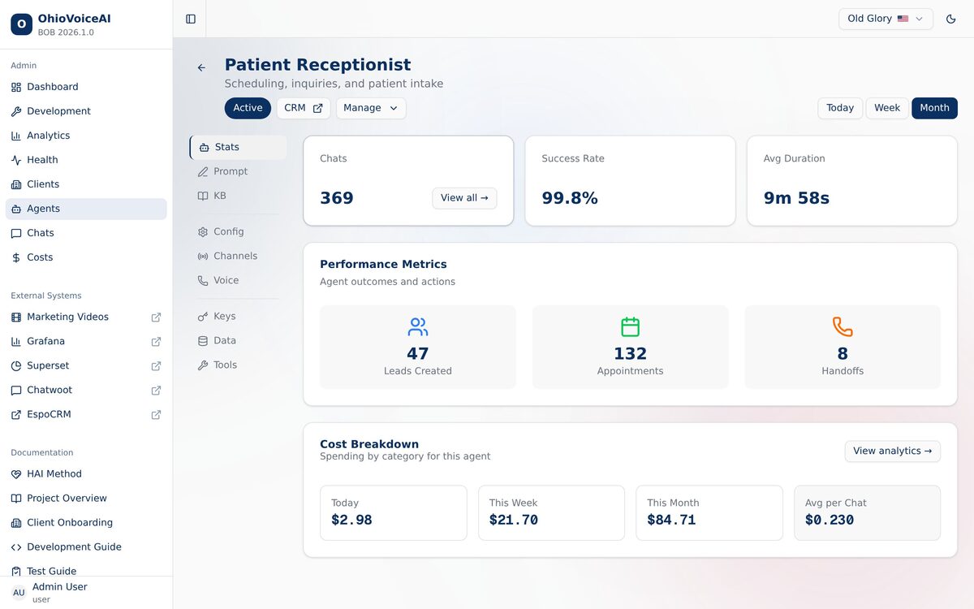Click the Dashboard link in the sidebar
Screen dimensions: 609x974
point(53,87)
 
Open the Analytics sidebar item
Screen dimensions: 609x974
point(49,136)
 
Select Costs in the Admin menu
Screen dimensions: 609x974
point(40,257)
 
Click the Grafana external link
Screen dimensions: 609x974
point(45,341)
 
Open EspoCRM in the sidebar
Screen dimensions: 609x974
point(49,414)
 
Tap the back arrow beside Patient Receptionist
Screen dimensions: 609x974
point(201,68)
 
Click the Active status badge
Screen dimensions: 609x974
point(248,108)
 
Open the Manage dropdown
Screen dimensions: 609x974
point(371,108)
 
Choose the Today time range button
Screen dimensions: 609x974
point(840,108)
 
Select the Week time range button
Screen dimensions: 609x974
point(887,108)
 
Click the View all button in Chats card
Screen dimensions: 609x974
point(464,198)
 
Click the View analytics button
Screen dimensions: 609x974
point(892,451)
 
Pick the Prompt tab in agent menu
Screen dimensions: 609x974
point(231,171)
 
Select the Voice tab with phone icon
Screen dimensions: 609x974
point(226,280)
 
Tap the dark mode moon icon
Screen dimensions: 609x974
point(951,19)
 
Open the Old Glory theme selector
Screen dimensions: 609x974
point(886,19)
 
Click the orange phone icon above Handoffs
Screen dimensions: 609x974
point(843,327)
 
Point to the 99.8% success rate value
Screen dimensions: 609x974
point(570,198)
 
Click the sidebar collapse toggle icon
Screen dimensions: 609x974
point(191,19)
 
